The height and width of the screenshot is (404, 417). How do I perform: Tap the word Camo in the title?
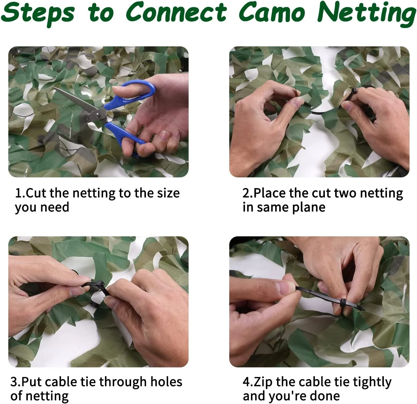[272, 13]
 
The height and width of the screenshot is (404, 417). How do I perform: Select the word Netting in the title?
[366, 13]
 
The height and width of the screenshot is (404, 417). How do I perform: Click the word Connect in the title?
[176, 13]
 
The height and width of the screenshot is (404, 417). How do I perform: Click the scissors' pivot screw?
[98, 115]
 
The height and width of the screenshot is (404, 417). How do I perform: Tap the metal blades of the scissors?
[74, 100]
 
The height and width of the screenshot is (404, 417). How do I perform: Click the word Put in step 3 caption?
[32, 382]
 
